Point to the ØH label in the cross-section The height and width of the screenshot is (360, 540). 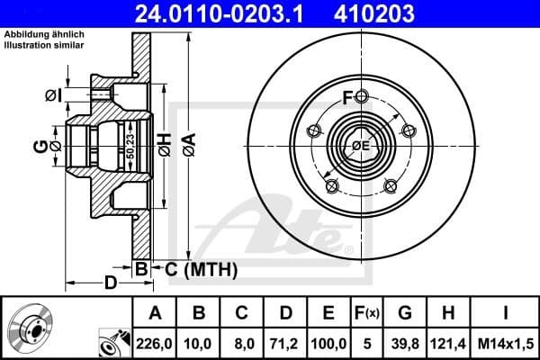click(x=165, y=143)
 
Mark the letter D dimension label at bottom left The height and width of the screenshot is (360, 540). click(x=110, y=283)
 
